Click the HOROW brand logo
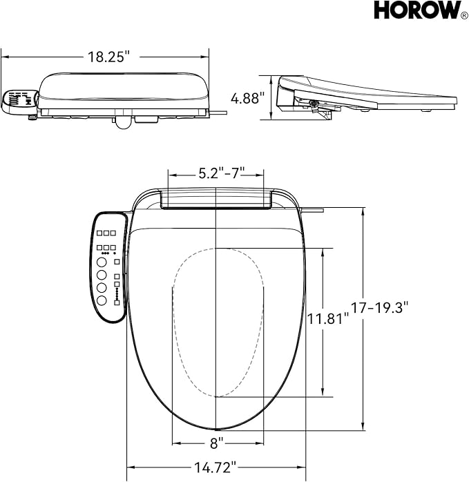pyautogui.click(x=416, y=11)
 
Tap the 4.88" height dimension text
pyautogui.click(x=247, y=99)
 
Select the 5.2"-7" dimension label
pyautogui.click(x=216, y=173)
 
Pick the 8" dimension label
pyautogui.click(x=217, y=441)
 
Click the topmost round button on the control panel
pyautogui.click(x=102, y=263)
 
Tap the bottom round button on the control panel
pyautogui.click(x=102, y=300)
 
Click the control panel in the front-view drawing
pyautogui.click(x=108, y=267)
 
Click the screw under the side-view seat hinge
pyautogui.click(x=314, y=105)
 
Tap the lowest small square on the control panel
pyautogui.click(x=117, y=302)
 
